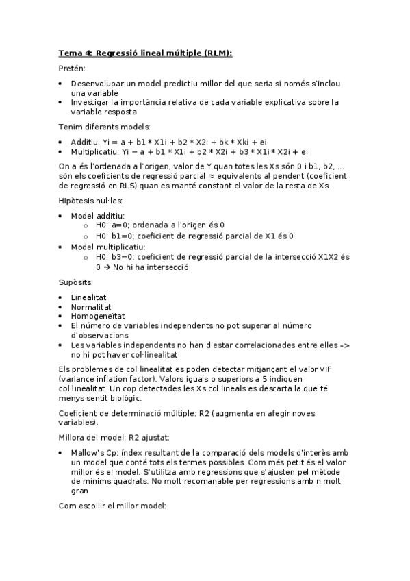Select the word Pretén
(72, 69)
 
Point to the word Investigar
(90, 102)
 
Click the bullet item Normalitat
(90, 307)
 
